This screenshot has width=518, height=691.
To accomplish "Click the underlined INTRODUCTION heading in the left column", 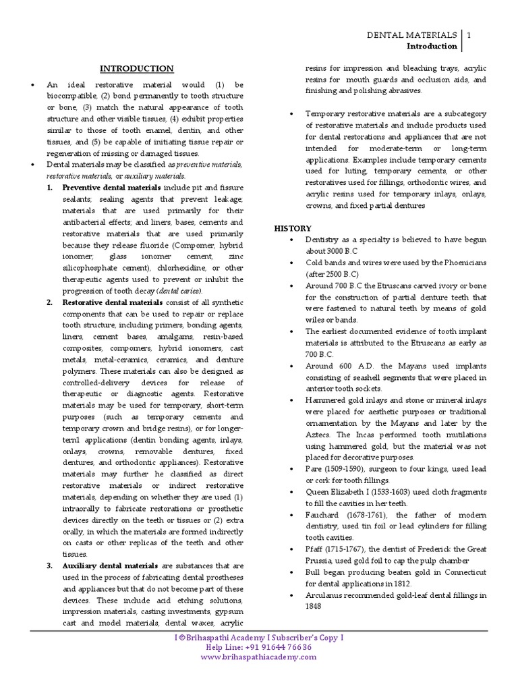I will pyautogui.click(x=137, y=69).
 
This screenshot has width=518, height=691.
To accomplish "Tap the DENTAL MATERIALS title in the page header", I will pyautogui.click(x=412, y=34).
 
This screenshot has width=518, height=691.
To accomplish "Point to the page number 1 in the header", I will pyautogui.click(x=469, y=34).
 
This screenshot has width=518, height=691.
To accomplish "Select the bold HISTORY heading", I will pyautogui.click(x=293, y=229).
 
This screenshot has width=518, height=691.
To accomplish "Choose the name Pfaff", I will pyautogui.click(x=316, y=549).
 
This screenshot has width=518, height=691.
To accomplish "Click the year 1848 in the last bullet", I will pyautogui.click(x=314, y=606).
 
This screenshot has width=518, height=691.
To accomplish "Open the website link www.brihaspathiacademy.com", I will pyautogui.click(x=259, y=657).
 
